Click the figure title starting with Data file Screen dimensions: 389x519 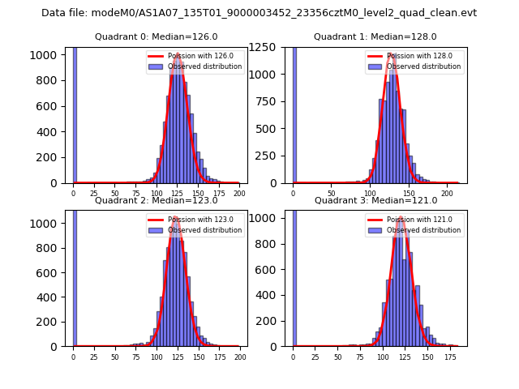click(259, 13)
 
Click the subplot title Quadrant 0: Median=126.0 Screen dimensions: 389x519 click(156, 36)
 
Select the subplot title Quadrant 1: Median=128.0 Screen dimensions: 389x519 click(375, 36)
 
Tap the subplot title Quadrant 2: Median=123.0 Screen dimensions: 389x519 click(156, 200)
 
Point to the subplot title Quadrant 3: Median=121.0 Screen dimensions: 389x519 click(375, 200)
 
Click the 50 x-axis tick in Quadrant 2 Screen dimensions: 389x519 click(114, 357)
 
